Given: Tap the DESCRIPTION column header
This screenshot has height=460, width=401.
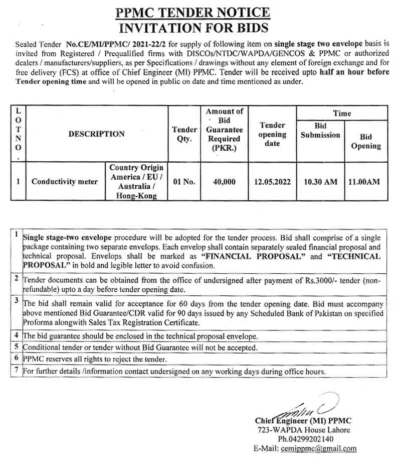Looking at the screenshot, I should [x=96, y=134].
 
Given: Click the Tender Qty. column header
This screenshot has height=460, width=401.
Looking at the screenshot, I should [x=184, y=134].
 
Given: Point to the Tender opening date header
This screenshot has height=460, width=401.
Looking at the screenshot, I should [x=272, y=134].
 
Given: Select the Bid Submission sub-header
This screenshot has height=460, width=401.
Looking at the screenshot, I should [x=320, y=130].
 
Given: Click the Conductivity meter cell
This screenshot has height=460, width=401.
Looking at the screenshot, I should [x=65, y=181].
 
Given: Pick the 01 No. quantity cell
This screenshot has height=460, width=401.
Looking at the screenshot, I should [x=184, y=181].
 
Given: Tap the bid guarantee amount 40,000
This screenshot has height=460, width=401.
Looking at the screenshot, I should [x=224, y=181].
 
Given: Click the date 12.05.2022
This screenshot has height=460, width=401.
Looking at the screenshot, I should [x=272, y=181].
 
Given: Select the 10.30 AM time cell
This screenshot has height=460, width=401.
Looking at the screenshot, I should [x=320, y=181].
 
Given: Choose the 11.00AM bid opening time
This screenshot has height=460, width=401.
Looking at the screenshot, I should [x=365, y=181].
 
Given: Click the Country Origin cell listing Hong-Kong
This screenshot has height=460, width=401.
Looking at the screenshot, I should [x=136, y=181].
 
